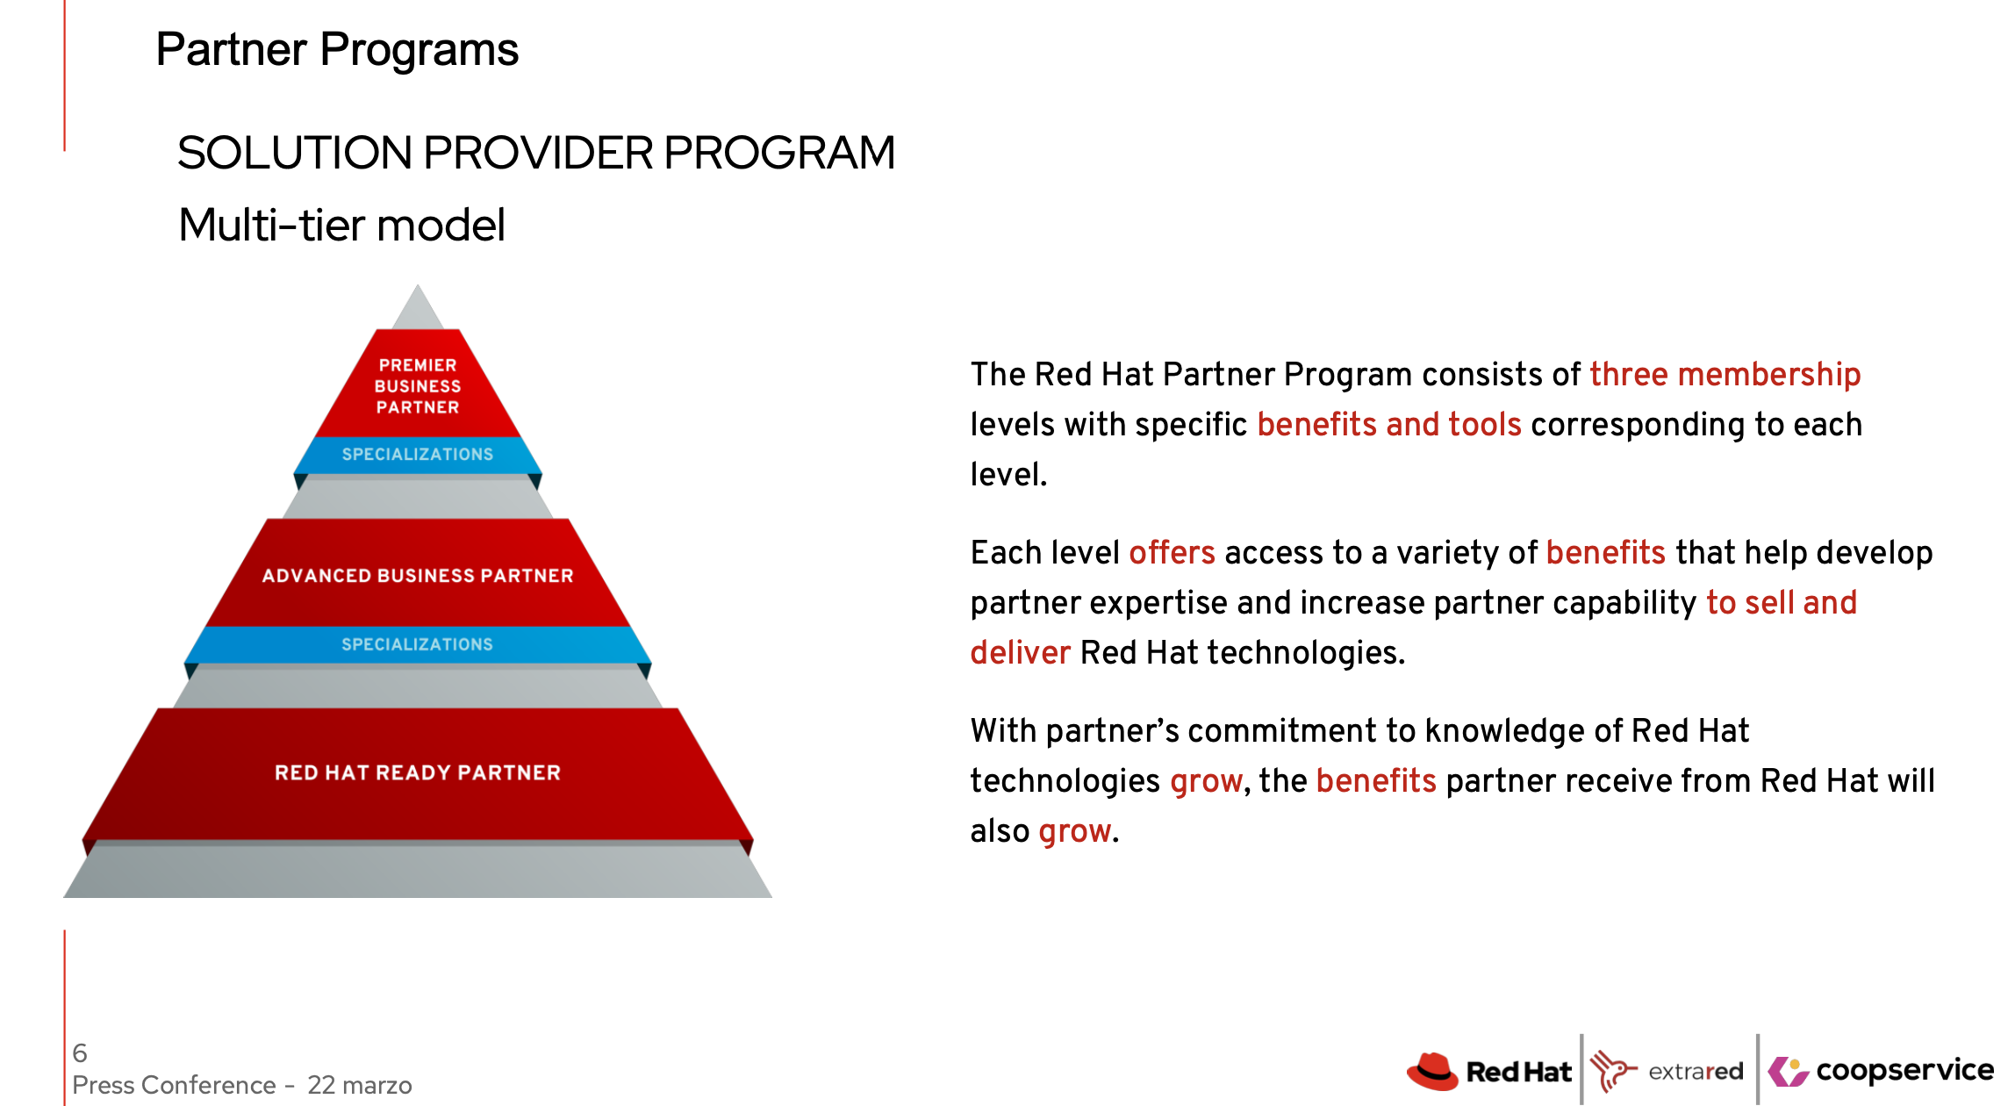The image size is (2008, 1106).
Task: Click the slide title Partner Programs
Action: point(337,50)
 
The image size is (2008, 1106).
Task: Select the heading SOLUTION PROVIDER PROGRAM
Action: point(536,153)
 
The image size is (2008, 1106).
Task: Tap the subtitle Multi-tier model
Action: point(341,225)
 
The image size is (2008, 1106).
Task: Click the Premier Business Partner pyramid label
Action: point(418,386)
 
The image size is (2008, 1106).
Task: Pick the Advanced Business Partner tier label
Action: point(418,576)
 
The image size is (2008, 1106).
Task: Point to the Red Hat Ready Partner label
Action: point(418,772)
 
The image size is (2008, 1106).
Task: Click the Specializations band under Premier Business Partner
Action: point(418,455)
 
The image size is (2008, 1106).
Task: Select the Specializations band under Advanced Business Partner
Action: point(418,644)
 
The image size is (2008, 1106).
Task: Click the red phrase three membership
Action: point(1725,375)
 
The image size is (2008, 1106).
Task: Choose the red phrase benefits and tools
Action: point(1388,425)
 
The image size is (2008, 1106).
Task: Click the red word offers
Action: point(1172,553)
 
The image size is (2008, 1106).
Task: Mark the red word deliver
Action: point(1020,653)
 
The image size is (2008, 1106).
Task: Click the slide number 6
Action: point(80,1052)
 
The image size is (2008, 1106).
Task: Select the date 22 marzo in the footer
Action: point(360,1085)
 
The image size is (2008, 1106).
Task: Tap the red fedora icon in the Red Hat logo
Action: point(1432,1071)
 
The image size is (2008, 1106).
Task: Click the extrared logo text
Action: point(1696,1071)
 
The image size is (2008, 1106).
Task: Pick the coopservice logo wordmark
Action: point(1904,1071)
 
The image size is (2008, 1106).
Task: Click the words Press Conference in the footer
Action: point(174,1085)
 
